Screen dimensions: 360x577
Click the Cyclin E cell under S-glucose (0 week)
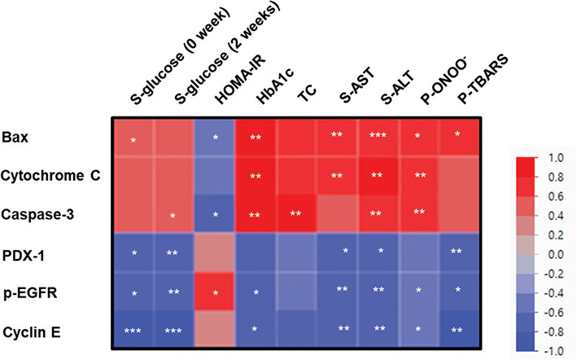(132, 331)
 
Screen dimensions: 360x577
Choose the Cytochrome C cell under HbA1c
(256, 175)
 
